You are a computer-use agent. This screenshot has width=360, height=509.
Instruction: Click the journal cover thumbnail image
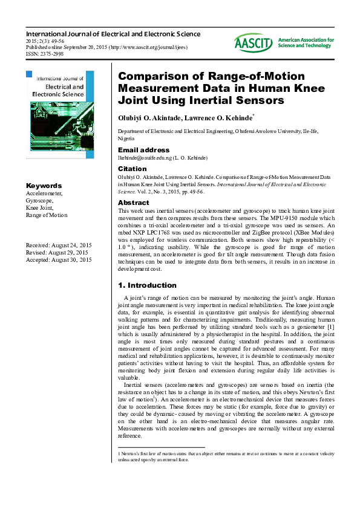[60, 114]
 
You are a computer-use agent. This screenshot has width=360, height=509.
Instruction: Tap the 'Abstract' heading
[133, 203]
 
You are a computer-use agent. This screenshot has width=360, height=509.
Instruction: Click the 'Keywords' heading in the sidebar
[44, 186]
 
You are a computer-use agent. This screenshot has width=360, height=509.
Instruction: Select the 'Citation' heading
[132, 169]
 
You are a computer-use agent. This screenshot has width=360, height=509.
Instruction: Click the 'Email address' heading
[143, 150]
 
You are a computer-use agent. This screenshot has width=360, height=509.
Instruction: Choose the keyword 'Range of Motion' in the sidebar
[47, 215]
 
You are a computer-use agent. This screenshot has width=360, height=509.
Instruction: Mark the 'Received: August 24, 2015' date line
[58, 245]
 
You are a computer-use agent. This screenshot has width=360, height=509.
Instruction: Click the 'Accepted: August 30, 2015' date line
[59, 259]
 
